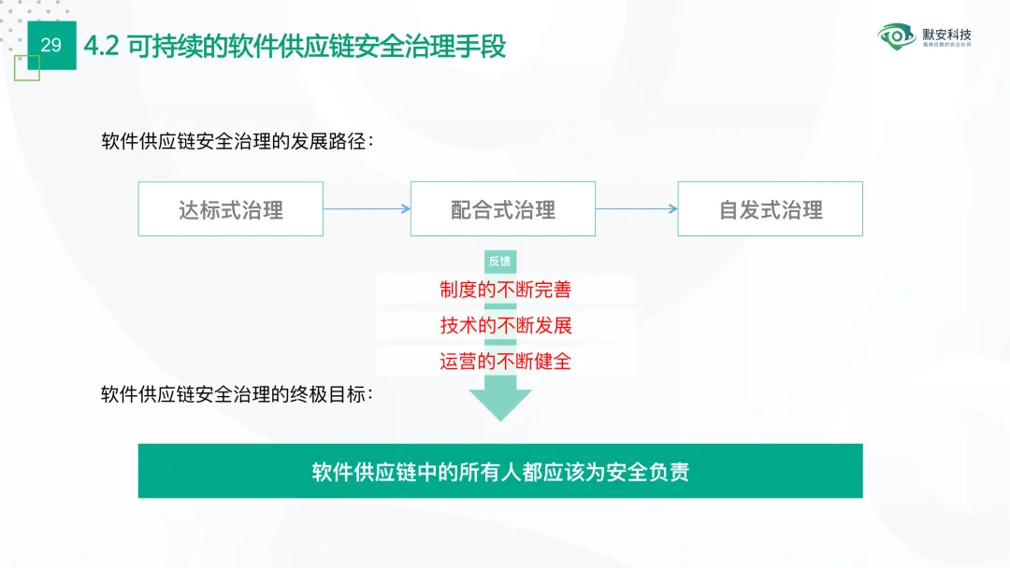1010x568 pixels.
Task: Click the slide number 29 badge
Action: (51, 45)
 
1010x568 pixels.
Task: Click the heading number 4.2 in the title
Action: (101, 46)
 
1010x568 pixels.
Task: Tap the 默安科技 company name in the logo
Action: (946, 34)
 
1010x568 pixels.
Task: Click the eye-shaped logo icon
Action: (898, 37)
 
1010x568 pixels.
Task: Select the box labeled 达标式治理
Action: (231, 209)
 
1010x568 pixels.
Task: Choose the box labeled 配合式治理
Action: (503, 209)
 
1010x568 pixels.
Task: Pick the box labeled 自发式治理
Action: (771, 209)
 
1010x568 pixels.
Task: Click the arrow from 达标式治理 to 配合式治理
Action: (367, 209)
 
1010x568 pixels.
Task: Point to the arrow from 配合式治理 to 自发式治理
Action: (636, 209)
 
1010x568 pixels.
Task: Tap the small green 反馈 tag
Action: (500, 262)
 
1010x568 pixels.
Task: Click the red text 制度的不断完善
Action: (505, 290)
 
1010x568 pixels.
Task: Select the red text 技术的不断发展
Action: (505, 325)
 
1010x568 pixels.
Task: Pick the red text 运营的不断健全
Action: (505, 361)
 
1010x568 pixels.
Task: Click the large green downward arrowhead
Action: (500, 404)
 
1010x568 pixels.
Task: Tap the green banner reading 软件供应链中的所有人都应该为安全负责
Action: (500, 471)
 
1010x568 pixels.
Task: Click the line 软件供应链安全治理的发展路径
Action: (238, 141)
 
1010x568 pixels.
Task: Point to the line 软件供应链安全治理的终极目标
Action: (238, 393)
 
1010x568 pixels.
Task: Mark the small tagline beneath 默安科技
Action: (946, 45)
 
